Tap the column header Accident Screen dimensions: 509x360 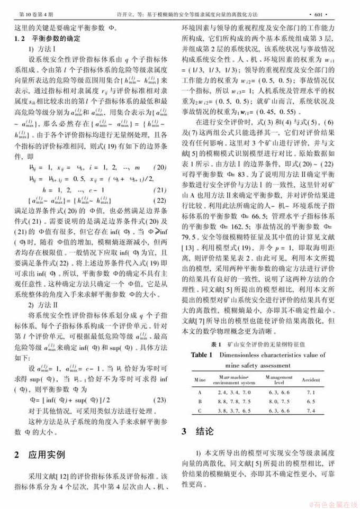point(311,380)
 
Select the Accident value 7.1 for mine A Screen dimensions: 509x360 point(311,392)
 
